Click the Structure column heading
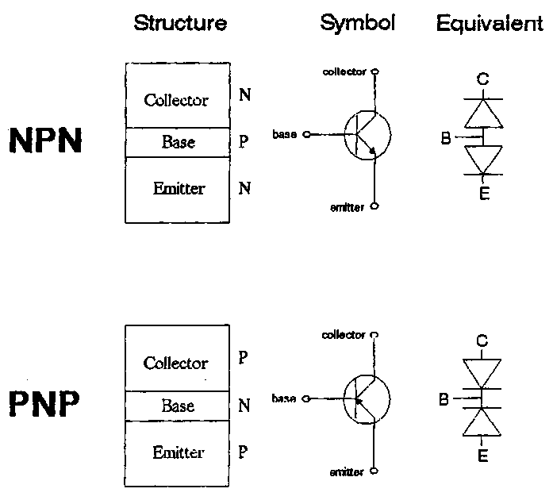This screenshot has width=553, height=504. click(x=180, y=23)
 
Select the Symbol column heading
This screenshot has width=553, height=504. click(x=357, y=23)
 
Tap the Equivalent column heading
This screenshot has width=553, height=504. click(x=490, y=24)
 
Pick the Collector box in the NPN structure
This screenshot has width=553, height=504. click(x=176, y=100)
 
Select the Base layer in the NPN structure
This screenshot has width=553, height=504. click(x=178, y=143)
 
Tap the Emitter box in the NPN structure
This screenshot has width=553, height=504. click(x=178, y=189)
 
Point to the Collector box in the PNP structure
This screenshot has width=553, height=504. click(x=176, y=364)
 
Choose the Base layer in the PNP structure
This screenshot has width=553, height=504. click(x=178, y=406)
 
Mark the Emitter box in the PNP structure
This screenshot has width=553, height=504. click(x=178, y=453)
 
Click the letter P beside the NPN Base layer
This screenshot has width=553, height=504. click(x=244, y=143)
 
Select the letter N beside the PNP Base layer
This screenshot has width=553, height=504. click(x=244, y=406)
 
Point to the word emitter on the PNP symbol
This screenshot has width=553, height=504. click(x=347, y=472)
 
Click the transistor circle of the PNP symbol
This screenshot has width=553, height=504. click(x=367, y=398)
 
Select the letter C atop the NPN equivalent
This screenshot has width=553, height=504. click(x=482, y=79)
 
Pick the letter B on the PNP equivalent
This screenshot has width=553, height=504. click(x=444, y=398)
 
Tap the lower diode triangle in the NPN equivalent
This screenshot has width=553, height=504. click(x=483, y=160)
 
